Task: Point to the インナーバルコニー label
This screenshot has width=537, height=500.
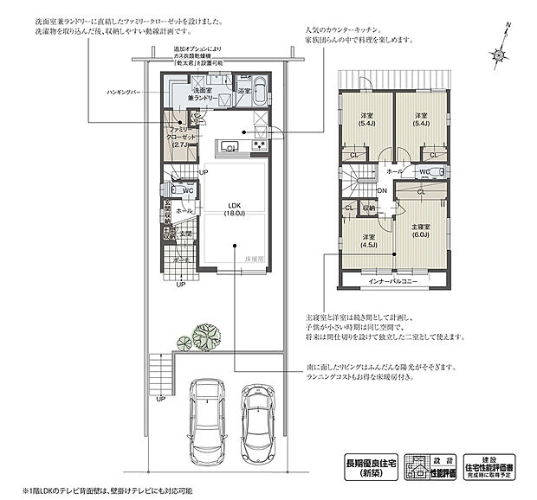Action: click(x=395, y=281)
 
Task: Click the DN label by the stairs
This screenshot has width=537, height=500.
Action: click(x=383, y=191)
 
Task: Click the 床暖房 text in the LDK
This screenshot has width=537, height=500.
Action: click(x=254, y=259)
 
